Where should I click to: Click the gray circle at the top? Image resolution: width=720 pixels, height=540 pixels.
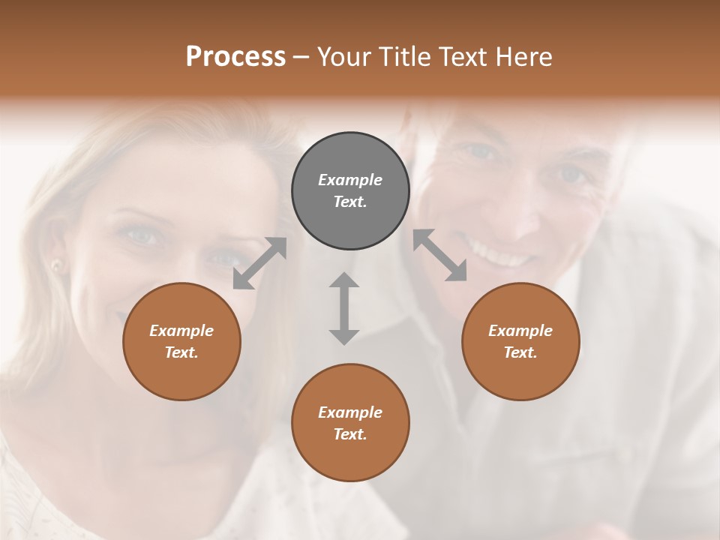coord(350,190)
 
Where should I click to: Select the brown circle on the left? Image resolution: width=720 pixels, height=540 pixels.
coord(181,341)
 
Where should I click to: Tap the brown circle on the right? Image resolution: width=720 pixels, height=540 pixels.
coord(520,341)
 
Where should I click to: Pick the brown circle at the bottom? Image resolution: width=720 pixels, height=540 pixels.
coord(350,423)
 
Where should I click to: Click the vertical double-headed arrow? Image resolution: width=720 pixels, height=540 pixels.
coord(344,308)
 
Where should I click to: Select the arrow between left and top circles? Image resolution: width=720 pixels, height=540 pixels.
coord(259,263)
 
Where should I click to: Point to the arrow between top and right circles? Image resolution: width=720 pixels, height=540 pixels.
coord(440,256)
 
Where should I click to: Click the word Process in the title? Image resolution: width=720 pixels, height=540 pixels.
coord(235,57)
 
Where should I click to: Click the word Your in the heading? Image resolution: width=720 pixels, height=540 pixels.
coord(344,57)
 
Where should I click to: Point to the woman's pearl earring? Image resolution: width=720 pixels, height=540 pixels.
coord(55,265)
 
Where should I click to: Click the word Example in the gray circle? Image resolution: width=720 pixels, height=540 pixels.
coord(350,180)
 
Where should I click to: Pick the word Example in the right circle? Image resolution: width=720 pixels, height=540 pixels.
coord(520,331)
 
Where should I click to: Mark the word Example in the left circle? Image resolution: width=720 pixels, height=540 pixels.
coord(181,331)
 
